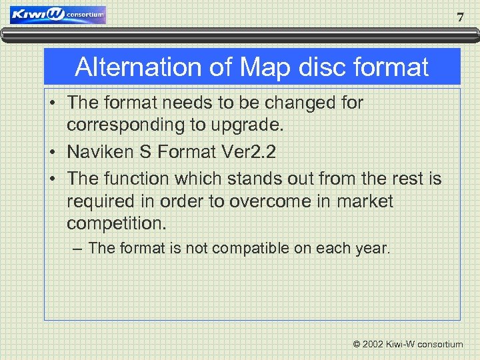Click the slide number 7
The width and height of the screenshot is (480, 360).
[x=460, y=18]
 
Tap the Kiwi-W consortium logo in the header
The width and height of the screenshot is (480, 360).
[x=58, y=15]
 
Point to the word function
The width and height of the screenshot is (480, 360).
[x=141, y=179]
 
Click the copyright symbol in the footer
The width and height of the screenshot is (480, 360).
[x=357, y=345]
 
